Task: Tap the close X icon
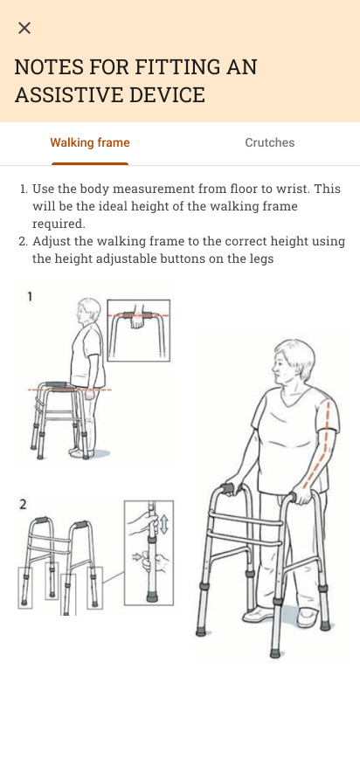24,28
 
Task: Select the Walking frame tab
90,142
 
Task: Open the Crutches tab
269,142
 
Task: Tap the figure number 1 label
30,297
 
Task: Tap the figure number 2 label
23,504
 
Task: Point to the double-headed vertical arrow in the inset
164,524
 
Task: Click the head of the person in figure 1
88,312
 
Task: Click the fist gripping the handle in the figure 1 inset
136,321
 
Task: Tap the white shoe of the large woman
306,617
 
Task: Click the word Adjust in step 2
52,242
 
